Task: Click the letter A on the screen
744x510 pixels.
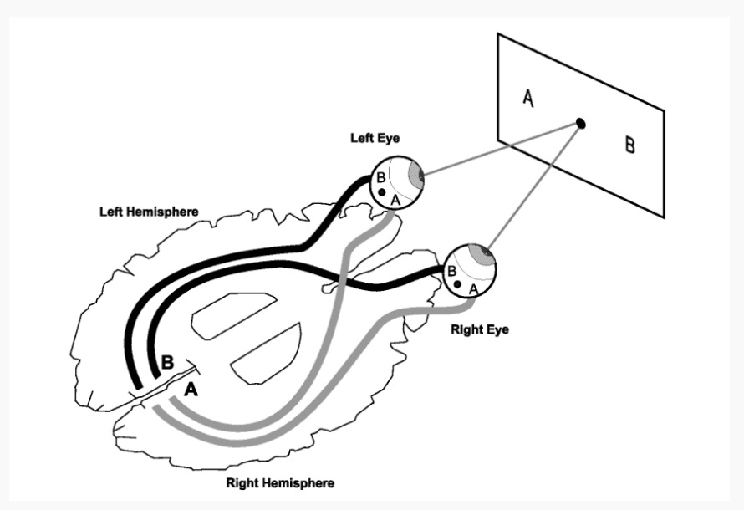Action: click(x=528, y=98)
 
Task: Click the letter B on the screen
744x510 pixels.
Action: click(x=629, y=145)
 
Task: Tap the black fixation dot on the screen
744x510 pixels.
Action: click(x=580, y=124)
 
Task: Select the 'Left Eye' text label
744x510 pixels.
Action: click(x=375, y=138)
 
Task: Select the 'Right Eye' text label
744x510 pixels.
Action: click(x=480, y=329)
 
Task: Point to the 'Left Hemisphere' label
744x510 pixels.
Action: click(x=150, y=212)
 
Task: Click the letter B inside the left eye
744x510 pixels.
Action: click(x=381, y=178)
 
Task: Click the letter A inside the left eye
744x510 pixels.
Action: click(x=396, y=200)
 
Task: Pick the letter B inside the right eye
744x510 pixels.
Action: click(x=452, y=271)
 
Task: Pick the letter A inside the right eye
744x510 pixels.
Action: click(x=473, y=288)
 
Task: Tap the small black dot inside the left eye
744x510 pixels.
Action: click(x=382, y=193)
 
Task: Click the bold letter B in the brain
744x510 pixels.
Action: click(x=167, y=364)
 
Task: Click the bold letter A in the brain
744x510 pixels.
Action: click(x=191, y=389)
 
